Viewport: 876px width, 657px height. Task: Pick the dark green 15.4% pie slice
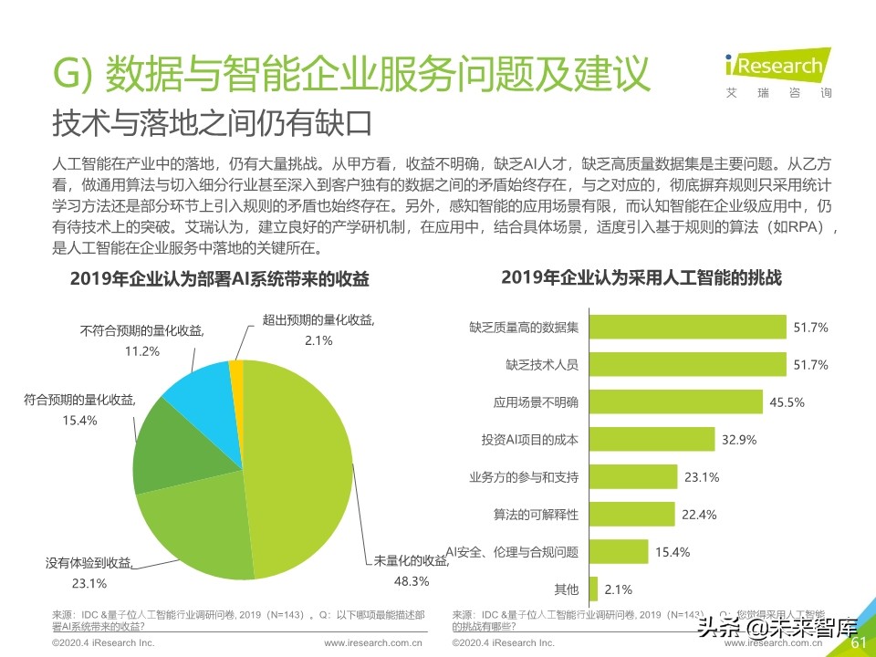(164, 447)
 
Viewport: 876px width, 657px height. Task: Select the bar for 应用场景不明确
(675, 401)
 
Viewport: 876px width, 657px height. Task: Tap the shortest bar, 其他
(593, 589)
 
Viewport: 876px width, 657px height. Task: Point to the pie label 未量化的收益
(408, 560)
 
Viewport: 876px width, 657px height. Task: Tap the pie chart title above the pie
(224, 279)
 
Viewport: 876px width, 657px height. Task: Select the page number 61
(858, 643)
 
